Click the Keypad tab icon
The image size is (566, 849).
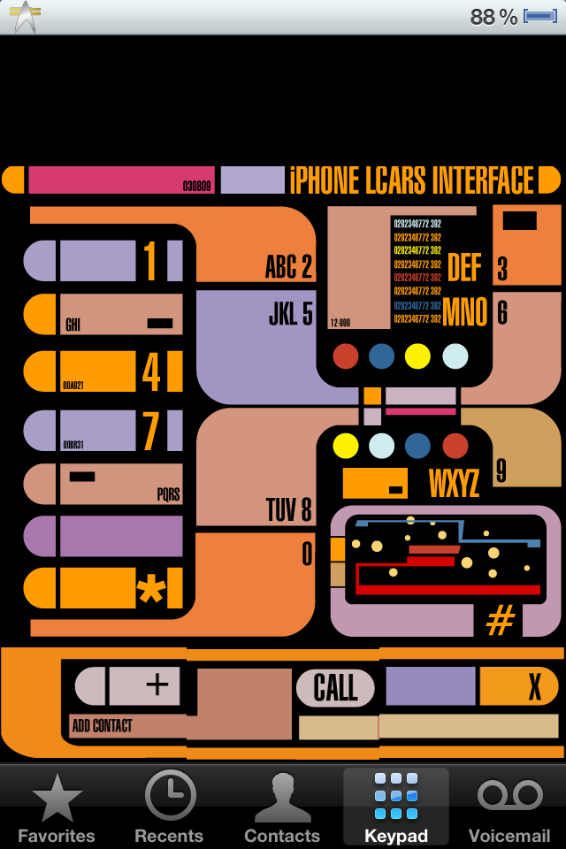tap(395, 796)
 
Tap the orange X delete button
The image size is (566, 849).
tap(534, 686)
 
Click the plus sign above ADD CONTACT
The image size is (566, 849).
tap(157, 685)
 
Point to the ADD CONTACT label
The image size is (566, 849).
tap(102, 726)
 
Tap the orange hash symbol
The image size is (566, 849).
tap(501, 622)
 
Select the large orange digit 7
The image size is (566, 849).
tap(151, 431)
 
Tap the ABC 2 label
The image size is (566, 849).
tap(288, 267)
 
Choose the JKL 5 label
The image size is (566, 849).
tap(290, 314)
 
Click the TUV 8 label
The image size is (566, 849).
tap(288, 510)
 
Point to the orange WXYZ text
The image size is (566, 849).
tap(454, 484)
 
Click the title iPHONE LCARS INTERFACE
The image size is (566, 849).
tap(412, 180)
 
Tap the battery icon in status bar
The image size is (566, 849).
tap(539, 16)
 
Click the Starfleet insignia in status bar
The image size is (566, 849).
tap(26, 16)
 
